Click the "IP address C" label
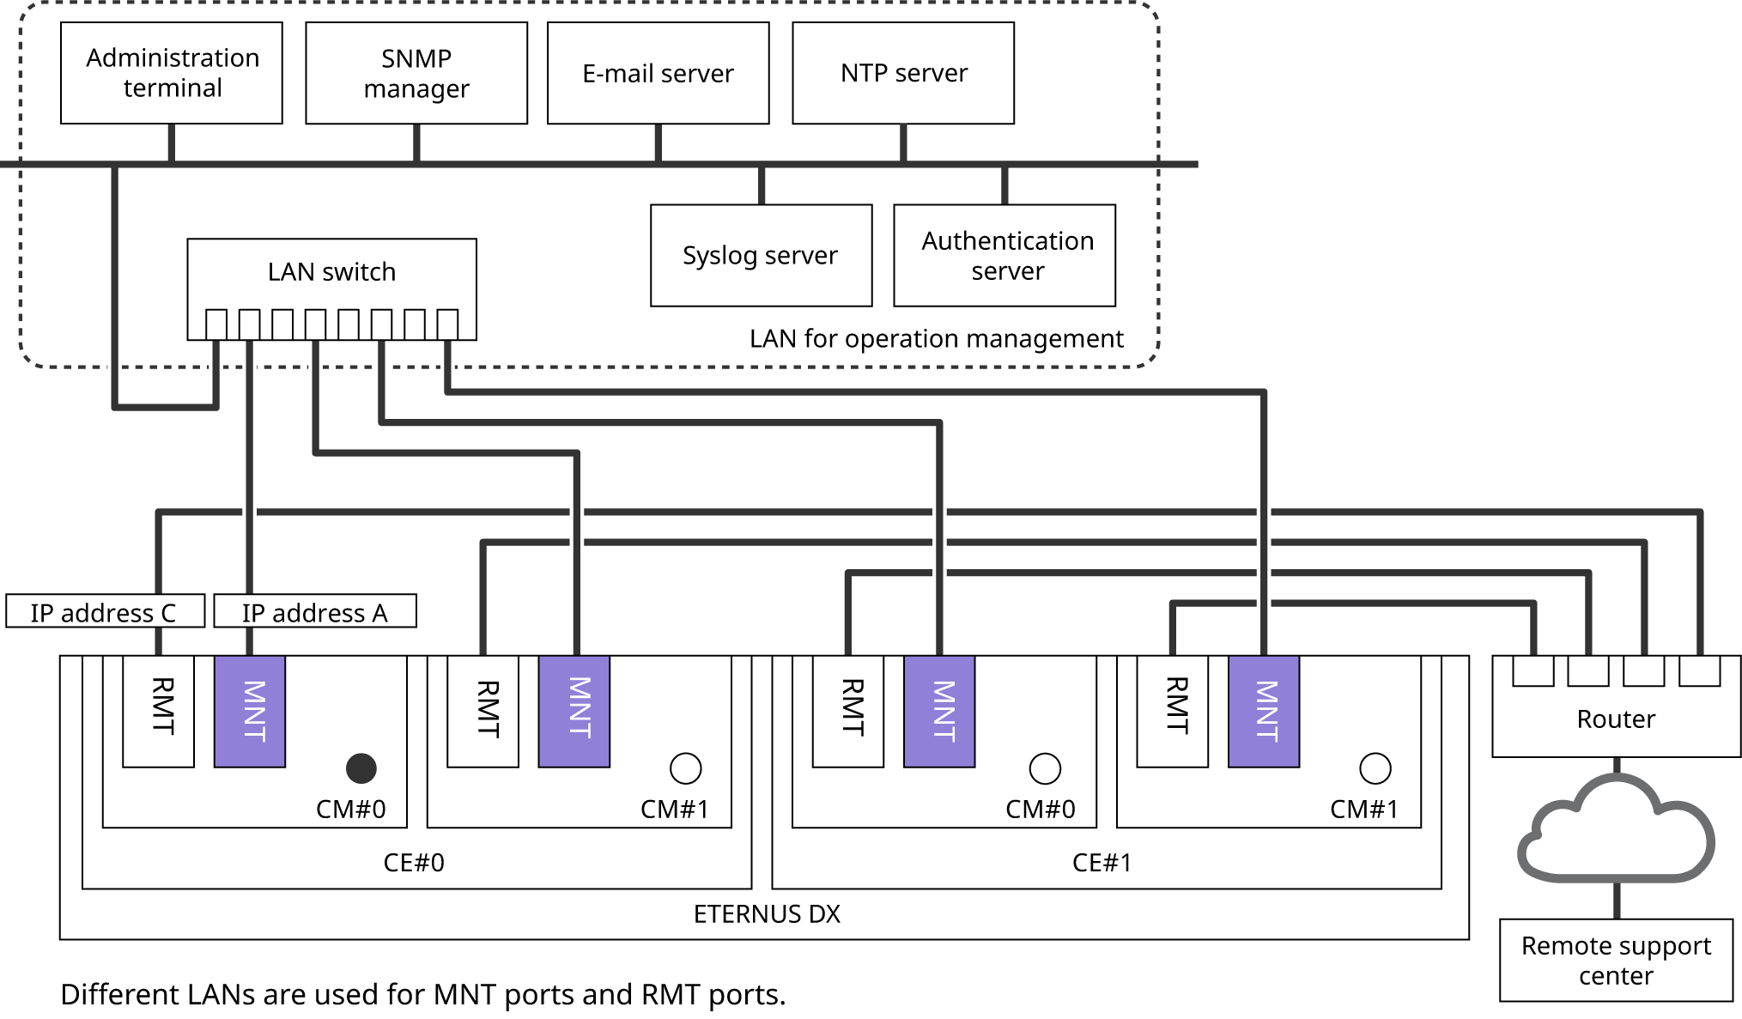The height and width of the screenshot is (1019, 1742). tap(105, 612)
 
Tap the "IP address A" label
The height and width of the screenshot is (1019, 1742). tap(314, 612)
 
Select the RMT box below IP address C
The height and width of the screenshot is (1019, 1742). tap(159, 711)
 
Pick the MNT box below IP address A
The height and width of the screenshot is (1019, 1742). tap(250, 711)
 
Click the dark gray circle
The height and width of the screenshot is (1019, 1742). tap(361, 768)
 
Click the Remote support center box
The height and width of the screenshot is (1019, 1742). tap(1616, 961)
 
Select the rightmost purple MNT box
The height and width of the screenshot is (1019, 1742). tap(1264, 711)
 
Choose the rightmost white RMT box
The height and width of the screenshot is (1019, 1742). tap(1173, 711)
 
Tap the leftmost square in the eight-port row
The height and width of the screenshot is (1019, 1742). tap(216, 325)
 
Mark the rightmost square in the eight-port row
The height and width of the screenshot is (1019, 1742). tap(447, 325)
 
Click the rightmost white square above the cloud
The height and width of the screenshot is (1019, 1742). tap(1699, 670)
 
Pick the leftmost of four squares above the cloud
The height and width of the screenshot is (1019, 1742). tap(1533, 670)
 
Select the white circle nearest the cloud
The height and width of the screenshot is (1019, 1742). tap(1375, 768)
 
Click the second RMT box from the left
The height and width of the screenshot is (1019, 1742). tap(483, 711)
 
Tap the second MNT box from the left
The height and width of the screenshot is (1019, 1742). tap(574, 711)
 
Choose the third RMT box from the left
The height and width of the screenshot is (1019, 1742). tap(848, 711)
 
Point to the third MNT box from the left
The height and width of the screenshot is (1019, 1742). tap(939, 711)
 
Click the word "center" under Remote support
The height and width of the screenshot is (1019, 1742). tap(1616, 976)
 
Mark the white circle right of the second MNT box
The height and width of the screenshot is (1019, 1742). tap(685, 768)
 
